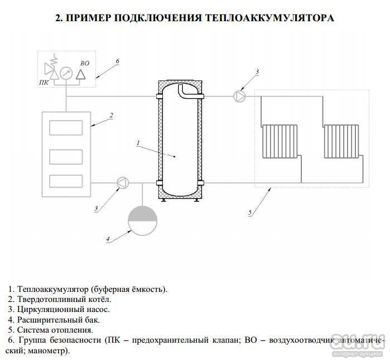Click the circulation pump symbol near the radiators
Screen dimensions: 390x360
point(239,96)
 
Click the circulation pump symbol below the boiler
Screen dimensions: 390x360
point(123,183)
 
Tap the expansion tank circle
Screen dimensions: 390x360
point(142,220)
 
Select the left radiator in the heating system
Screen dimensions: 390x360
point(280,141)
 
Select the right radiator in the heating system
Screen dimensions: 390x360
point(341,141)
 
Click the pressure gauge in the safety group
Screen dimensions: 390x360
point(66,73)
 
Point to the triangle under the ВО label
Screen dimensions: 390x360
point(81,74)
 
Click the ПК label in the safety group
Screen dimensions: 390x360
point(44,83)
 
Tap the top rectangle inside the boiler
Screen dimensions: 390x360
point(66,128)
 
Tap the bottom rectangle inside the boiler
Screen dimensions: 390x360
point(66,181)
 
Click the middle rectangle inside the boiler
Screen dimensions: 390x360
point(66,157)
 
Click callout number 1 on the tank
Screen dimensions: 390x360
point(138,143)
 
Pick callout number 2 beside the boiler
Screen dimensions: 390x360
point(111,115)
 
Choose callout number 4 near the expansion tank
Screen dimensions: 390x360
point(108,239)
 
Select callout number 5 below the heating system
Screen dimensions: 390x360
point(250,212)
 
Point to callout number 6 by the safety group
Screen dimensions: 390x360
point(118,61)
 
